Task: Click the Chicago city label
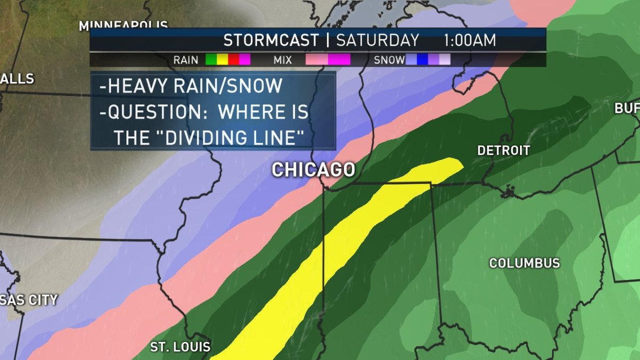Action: tap(313, 170)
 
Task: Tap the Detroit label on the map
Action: tap(503, 150)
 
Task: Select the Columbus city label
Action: tap(524, 263)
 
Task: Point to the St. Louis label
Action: tap(180, 347)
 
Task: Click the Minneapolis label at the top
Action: tap(123, 25)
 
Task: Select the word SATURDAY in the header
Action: tap(378, 41)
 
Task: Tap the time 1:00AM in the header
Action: tap(469, 41)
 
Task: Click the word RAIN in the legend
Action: tap(186, 60)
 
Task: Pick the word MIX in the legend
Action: tap(283, 60)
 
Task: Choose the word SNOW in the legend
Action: tap(389, 60)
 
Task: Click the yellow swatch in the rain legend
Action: tap(222, 60)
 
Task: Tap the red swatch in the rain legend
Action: tap(234, 60)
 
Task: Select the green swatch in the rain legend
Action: tap(211, 60)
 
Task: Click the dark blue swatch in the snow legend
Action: tap(422, 60)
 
